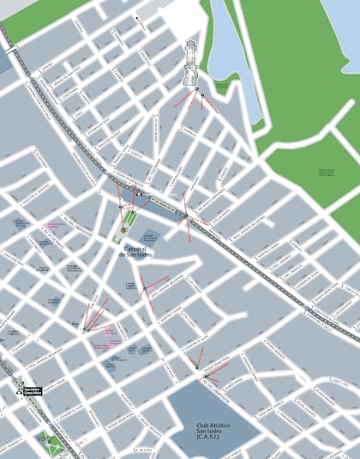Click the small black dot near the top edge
(137, 16)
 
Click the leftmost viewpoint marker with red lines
(86, 329)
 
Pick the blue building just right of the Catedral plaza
(151, 234)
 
